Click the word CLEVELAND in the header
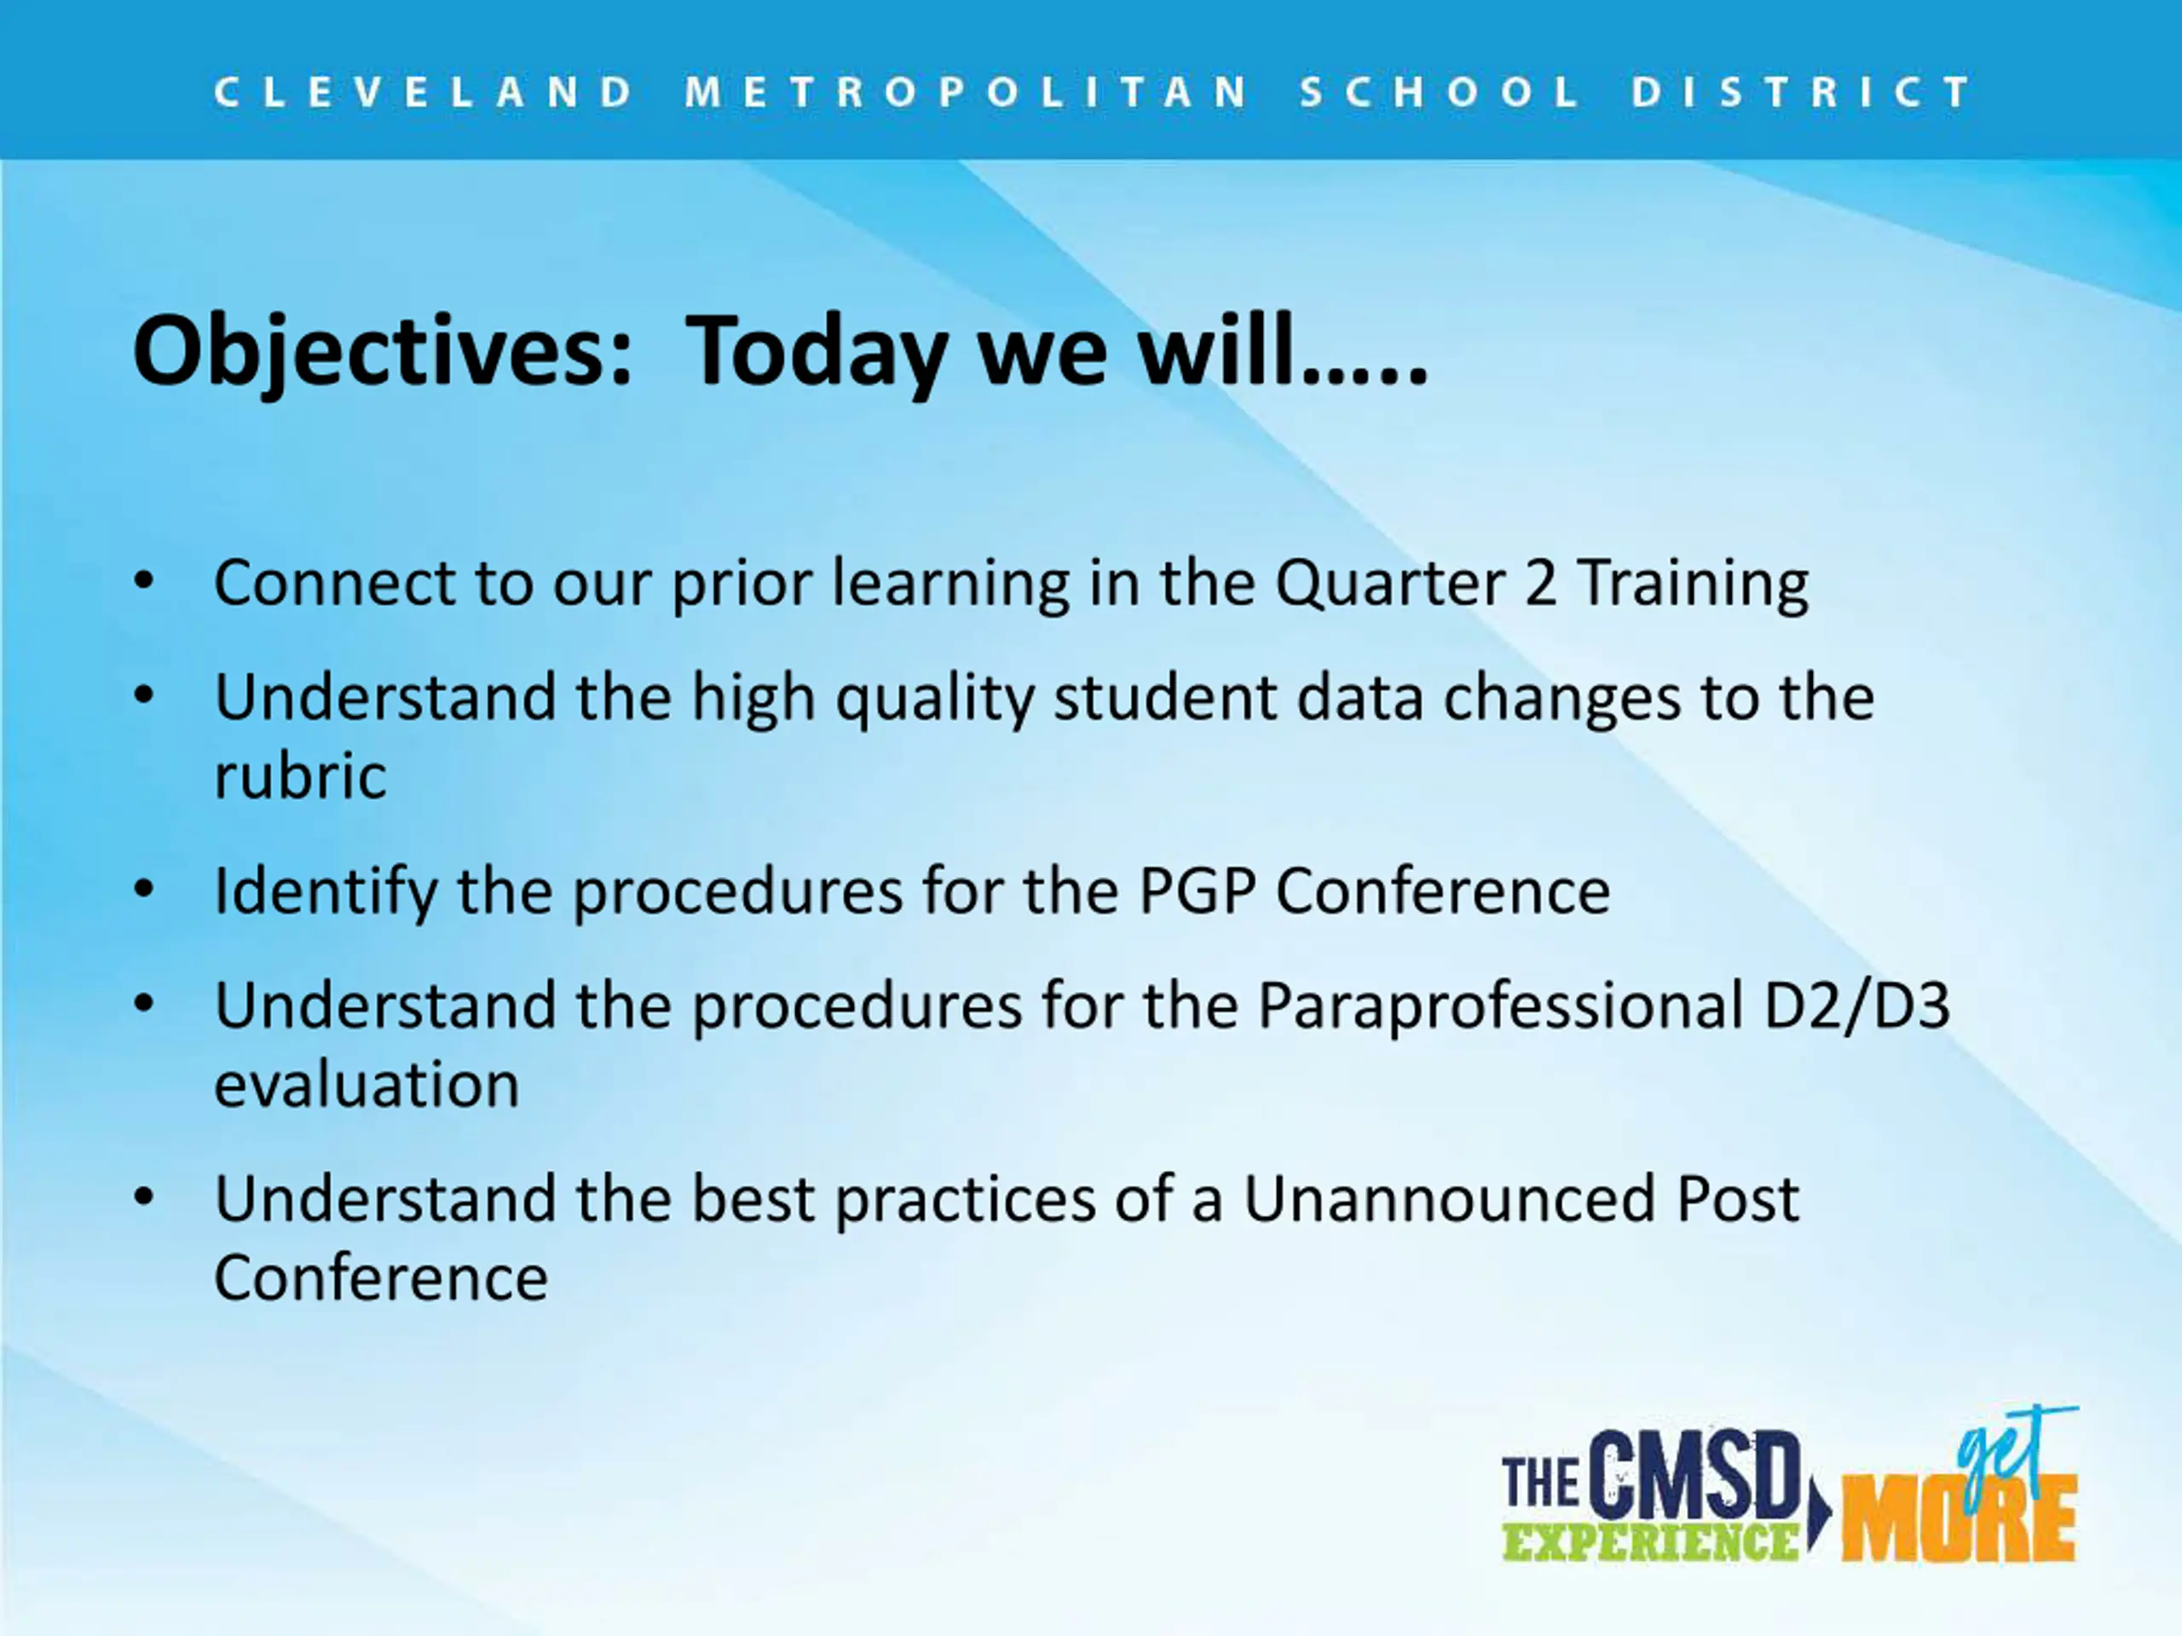click(x=424, y=93)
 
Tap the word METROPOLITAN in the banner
click(x=967, y=93)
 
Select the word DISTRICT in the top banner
click(x=1801, y=93)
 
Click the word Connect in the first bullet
click(x=333, y=583)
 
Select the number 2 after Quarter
click(x=1540, y=583)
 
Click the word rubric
click(x=300, y=775)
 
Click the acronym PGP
click(x=1197, y=891)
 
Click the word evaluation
click(x=367, y=1085)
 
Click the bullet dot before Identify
click(x=144, y=890)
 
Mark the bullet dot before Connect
click(x=144, y=582)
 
